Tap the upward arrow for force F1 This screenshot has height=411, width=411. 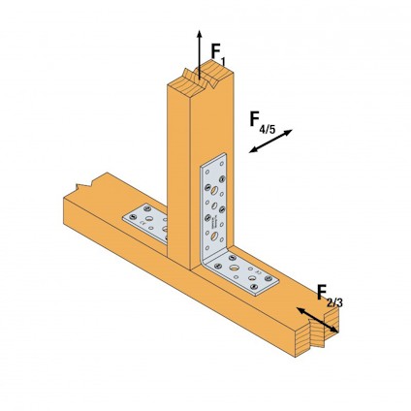[x=199, y=53]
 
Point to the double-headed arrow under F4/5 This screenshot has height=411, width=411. [x=269, y=142]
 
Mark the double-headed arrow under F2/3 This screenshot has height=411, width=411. [x=318, y=321]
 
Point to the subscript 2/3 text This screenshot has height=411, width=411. [x=334, y=302]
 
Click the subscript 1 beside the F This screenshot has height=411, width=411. [x=224, y=63]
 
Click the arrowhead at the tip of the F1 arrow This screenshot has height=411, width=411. [x=199, y=32]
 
